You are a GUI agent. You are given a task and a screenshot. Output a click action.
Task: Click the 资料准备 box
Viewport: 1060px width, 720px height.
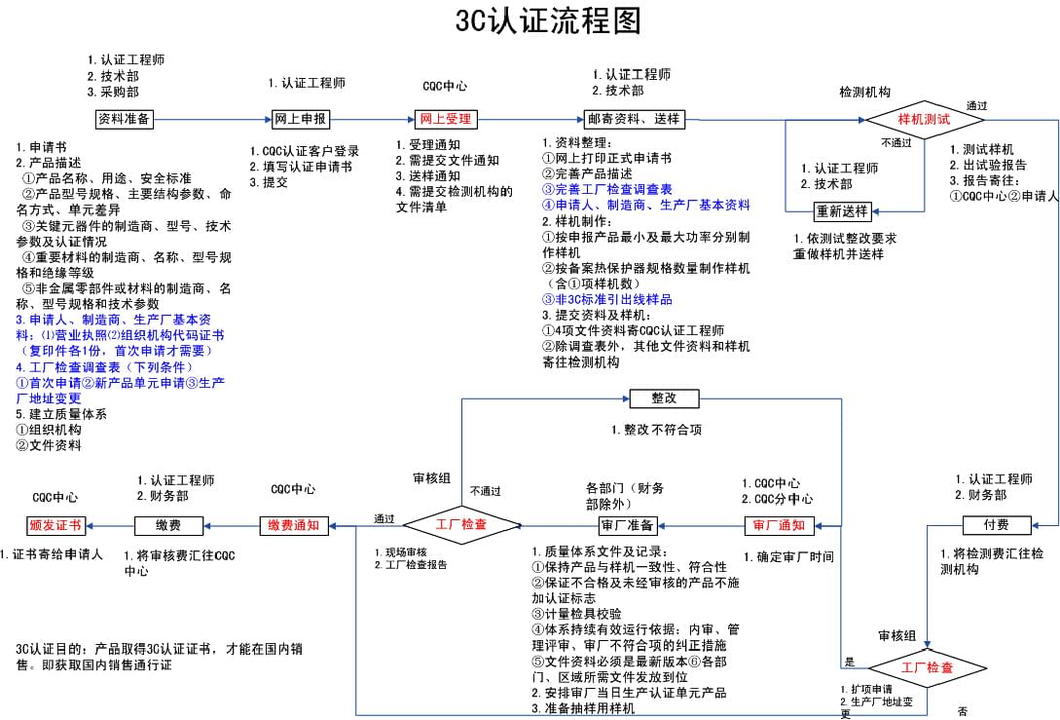[x=124, y=119]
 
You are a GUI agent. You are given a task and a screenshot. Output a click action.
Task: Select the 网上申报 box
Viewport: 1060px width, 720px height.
[x=300, y=119]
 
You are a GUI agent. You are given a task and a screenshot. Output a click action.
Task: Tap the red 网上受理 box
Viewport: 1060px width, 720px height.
[x=445, y=119]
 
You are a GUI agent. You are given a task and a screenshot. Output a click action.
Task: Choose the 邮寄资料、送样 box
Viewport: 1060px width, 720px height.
[x=634, y=119]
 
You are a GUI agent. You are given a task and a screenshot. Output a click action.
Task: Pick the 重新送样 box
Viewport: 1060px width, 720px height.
[x=843, y=211]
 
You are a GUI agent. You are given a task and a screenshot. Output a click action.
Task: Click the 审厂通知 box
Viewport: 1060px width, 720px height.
[x=779, y=526]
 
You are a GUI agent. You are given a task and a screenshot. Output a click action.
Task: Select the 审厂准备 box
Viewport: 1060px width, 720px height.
[x=627, y=526]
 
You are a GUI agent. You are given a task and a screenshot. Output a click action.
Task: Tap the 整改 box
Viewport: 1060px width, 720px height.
[x=664, y=398]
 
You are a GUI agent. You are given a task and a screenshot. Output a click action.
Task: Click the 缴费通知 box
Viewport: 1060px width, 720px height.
[x=293, y=526]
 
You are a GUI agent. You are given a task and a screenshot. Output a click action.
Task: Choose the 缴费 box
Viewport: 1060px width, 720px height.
[x=163, y=526]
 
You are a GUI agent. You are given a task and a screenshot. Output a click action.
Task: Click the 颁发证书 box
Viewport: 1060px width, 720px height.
[x=55, y=526]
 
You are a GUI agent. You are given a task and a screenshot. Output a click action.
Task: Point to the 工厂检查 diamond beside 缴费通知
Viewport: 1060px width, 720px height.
[x=461, y=525]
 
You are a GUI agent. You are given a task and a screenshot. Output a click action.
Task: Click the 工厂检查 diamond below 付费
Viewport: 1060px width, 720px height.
[x=926, y=668]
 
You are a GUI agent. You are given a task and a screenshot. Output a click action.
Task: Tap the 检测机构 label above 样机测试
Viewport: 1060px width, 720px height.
[x=864, y=92]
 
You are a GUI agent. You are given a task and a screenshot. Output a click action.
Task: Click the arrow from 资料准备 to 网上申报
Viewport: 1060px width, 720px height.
[x=213, y=119]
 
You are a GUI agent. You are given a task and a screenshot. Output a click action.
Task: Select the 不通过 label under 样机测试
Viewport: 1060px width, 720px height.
[x=896, y=142]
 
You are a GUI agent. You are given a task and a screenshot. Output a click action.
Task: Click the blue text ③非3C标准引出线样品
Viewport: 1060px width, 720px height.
[x=607, y=299]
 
